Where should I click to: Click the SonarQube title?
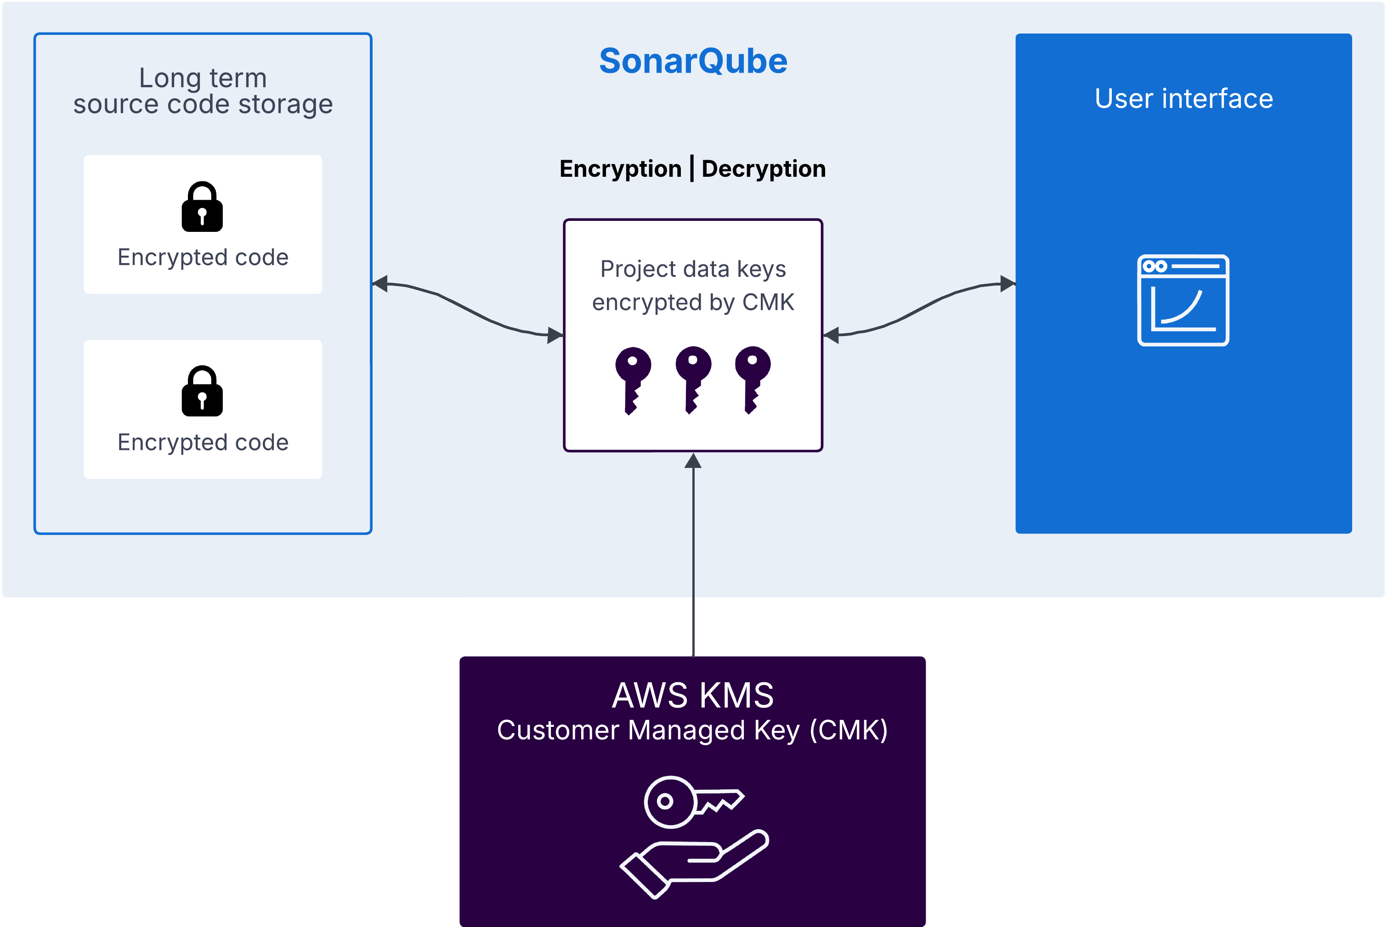tap(693, 61)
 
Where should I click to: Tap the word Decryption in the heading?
tap(763, 169)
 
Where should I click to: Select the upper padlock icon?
tap(202, 207)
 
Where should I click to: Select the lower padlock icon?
tap(202, 391)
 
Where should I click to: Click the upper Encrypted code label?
tap(203, 257)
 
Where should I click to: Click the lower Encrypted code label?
tap(203, 442)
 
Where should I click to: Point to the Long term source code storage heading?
tap(203, 91)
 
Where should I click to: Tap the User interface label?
tap(1183, 99)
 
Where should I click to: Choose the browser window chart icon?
tap(1183, 300)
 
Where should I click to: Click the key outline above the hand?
tap(692, 802)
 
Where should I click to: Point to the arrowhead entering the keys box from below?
tap(693, 461)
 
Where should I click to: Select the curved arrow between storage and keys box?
tap(467, 309)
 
